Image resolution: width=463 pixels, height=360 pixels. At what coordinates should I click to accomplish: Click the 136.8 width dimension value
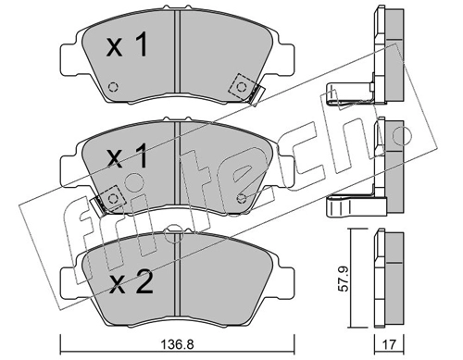point(179,344)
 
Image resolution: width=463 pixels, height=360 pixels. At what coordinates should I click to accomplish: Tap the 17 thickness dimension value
point(390,344)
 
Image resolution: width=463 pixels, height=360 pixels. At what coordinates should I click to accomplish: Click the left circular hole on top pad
point(113,87)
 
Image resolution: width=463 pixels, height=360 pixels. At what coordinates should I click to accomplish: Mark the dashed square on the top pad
point(242,87)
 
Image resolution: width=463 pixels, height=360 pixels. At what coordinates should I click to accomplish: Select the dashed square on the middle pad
point(112,197)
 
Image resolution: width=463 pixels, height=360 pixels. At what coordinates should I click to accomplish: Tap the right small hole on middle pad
point(242,199)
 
